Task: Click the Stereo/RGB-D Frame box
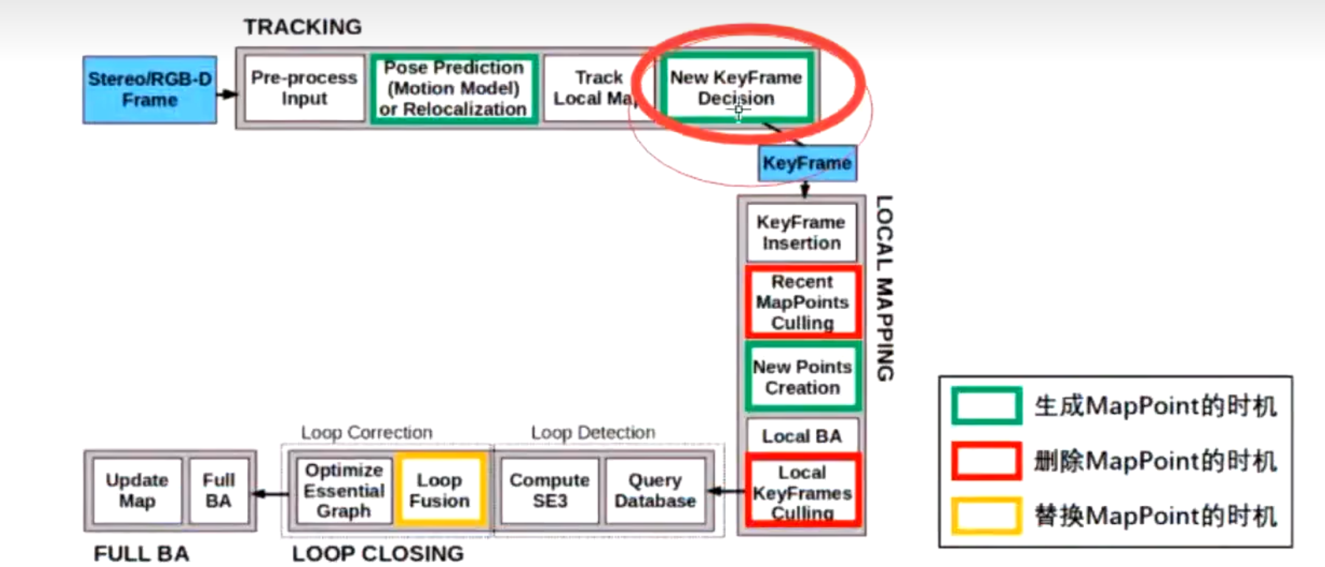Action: coord(150,90)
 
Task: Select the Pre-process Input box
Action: coord(304,89)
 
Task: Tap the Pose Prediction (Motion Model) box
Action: coord(453,89)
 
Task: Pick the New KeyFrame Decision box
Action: coord(736,88)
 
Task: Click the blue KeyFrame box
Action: coord(807,163)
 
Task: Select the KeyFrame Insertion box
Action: coord(801,233)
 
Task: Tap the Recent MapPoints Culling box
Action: coord(802,302)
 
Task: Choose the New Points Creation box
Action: coord(802,377)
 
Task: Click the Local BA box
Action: coord(802,436)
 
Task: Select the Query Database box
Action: coord(655,491)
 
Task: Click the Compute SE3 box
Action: coord(549,491)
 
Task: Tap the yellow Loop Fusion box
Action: coord(439,491)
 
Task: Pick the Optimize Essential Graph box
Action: coord(344,491)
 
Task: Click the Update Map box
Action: coord(137,491)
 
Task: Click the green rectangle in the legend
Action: coord(986,406)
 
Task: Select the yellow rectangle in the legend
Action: coord(986,515)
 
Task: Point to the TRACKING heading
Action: coord(302,27)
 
